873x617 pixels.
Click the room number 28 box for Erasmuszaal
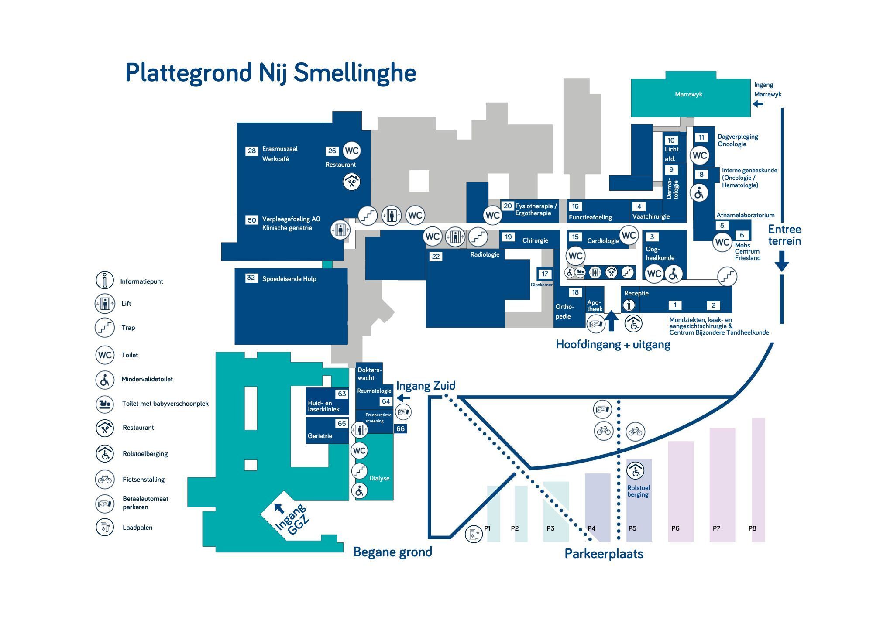(x=252, y=151)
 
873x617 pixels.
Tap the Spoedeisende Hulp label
(x=289, y=279)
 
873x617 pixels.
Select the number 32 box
(x=251, y=278)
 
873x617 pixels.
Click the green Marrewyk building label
(x=688, y=94)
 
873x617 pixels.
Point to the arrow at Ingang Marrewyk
(x=758, y=104)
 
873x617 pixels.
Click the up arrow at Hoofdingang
(x=612, y=321)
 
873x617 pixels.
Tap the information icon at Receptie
(x=629, y=305)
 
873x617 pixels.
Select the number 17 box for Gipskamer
(x=545, y=274)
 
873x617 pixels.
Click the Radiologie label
(x=485, y=254)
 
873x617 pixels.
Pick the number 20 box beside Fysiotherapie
(x=507, y=206)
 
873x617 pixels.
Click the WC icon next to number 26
(x=352, y=151)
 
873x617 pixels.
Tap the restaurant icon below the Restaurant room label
(x=351, y=182)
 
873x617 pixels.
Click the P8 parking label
(x=753, y=528)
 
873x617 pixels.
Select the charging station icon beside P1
(x=474, y=534)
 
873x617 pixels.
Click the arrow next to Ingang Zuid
(x=404, y=398)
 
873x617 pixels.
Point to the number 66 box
(x=401, y=429)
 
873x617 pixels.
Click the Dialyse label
(x=379, y=478)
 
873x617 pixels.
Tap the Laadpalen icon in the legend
(x=105, y=528)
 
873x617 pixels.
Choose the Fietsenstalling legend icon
(x=105, y=480)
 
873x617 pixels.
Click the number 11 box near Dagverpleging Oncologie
(x=701, y=137)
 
